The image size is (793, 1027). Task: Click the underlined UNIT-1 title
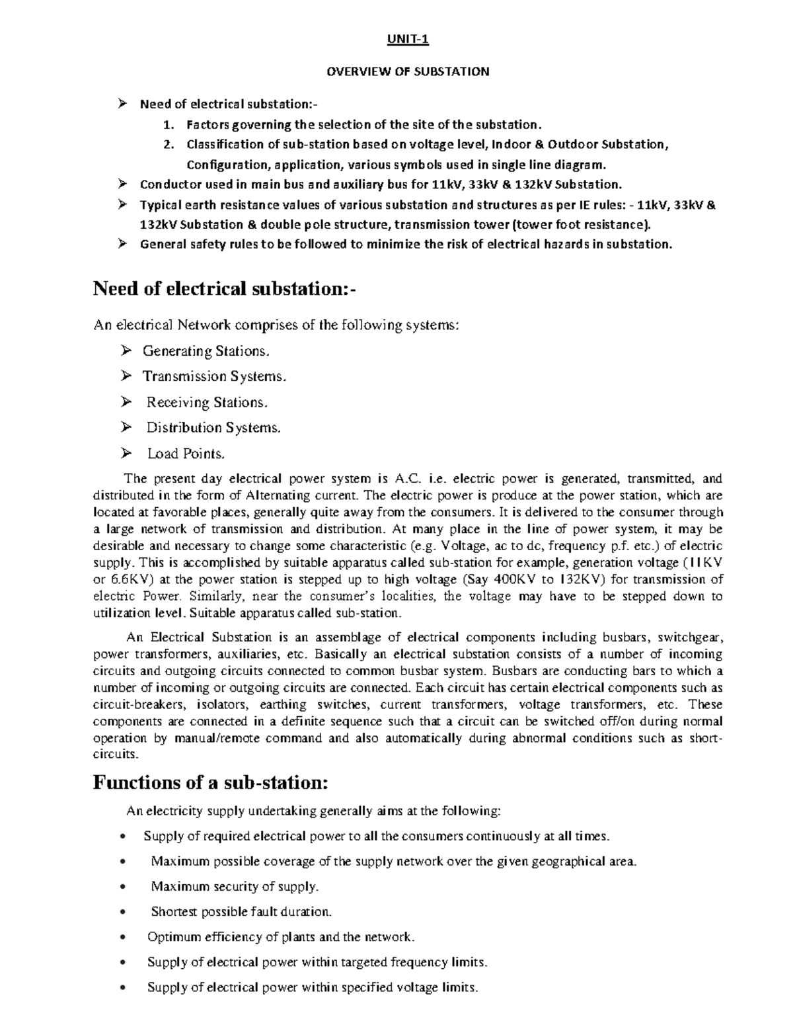[x=408, y=40]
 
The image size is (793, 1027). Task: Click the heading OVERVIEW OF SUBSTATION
[x=408, y=71]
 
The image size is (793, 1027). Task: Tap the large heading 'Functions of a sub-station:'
[x=210, y=782]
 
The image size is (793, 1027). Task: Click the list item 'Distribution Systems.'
[x=213, y=428]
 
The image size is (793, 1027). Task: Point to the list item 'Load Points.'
[x=186, y=454]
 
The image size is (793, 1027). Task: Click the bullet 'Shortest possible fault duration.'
[x=241, y=912]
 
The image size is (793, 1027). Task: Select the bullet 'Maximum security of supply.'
[x=235, y=886]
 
